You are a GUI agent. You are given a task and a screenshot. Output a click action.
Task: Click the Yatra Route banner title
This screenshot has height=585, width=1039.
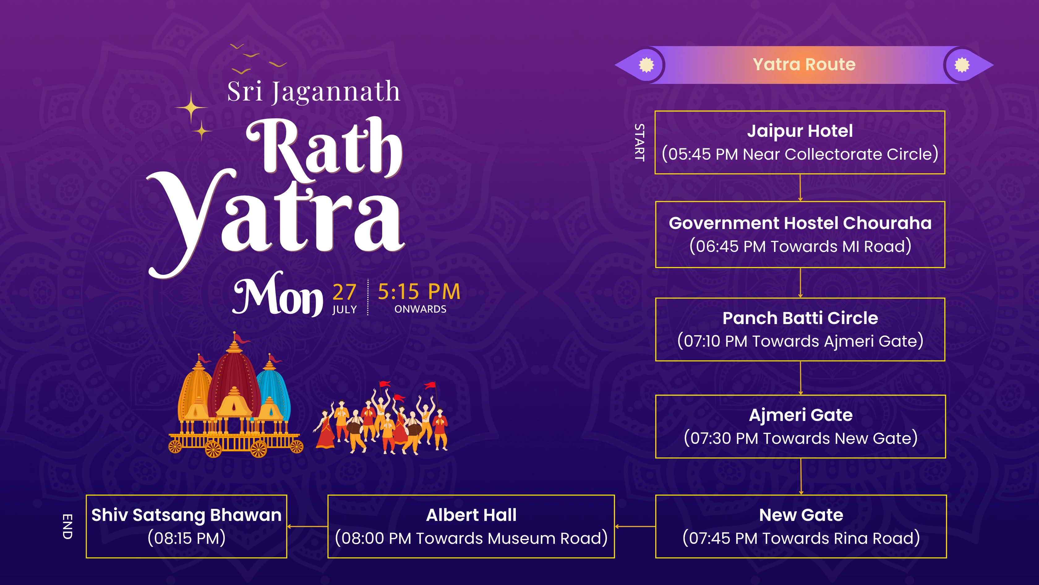tap(804, 65)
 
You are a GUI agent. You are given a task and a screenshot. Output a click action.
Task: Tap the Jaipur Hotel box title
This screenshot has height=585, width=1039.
tap(800, 131)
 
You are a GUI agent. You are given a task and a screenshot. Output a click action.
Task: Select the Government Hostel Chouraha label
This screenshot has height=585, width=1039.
tap(800, 223)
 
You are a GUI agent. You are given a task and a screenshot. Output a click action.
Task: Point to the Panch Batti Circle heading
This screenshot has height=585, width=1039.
tap(800, 318)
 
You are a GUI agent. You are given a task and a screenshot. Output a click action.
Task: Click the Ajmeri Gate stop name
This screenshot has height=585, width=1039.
tap(801, 415)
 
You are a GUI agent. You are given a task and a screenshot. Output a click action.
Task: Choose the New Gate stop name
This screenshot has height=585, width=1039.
tap(801, 515)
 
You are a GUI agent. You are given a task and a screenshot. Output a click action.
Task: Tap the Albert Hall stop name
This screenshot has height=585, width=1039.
tap(471, 515)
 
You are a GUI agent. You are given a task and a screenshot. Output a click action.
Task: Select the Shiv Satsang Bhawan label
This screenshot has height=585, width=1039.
tap(186, 515)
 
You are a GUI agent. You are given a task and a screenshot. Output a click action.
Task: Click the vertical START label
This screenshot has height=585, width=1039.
tap(639, 142)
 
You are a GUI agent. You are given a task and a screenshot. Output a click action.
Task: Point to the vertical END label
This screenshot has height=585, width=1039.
tap(67, 526)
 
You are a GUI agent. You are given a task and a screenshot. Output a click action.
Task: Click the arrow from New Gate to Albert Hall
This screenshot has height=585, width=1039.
tap(635, 526)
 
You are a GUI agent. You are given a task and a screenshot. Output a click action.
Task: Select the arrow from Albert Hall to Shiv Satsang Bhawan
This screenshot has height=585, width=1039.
tap(307, 526)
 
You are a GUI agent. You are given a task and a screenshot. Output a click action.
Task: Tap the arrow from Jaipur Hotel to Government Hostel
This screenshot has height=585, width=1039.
tap(800, 188)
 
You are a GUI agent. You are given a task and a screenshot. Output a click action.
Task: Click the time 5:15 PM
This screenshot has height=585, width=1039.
tap(419, 292)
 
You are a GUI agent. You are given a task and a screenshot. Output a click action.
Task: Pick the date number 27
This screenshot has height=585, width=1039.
tap(344, 292)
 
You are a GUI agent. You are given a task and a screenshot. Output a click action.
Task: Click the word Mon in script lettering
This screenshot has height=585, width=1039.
tap(278, 296)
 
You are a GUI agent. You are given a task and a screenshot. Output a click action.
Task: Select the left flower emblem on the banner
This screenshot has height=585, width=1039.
tap(646, 65)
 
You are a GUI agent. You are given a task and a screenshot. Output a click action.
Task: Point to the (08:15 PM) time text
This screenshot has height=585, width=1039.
tap(186, 538)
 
